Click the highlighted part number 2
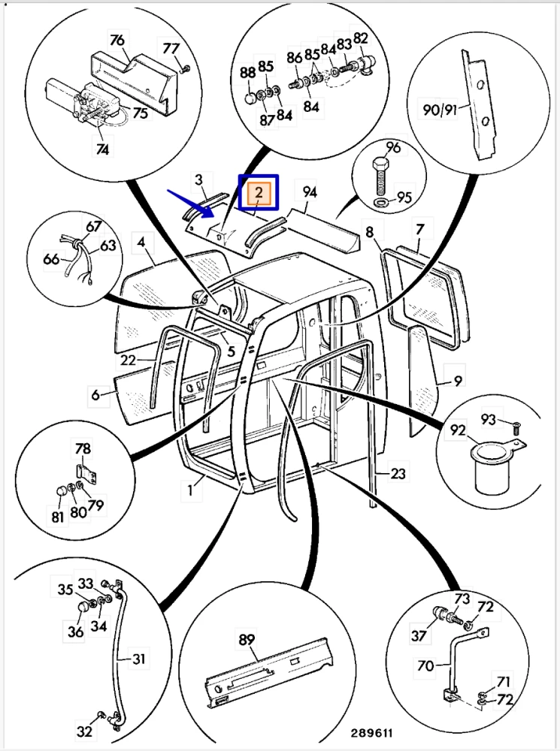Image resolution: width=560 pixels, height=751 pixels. click(258, 193)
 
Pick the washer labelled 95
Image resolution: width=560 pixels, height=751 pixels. click(381, 203)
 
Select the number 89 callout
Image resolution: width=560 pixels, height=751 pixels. click(247, 640)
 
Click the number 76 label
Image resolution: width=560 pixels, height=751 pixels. click(117, 40)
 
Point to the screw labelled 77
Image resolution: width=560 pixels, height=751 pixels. click(185, 69)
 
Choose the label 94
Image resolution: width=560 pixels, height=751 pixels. click(310, 192)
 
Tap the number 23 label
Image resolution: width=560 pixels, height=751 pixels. click(398, 473)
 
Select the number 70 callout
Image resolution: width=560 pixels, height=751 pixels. click(425, 665)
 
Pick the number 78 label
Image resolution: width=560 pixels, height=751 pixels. click(83, 449)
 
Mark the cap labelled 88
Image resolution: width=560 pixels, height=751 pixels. click(250, 98)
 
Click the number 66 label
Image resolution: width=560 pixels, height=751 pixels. click(50, 259)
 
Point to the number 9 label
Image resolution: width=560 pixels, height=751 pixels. click(457, 381)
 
